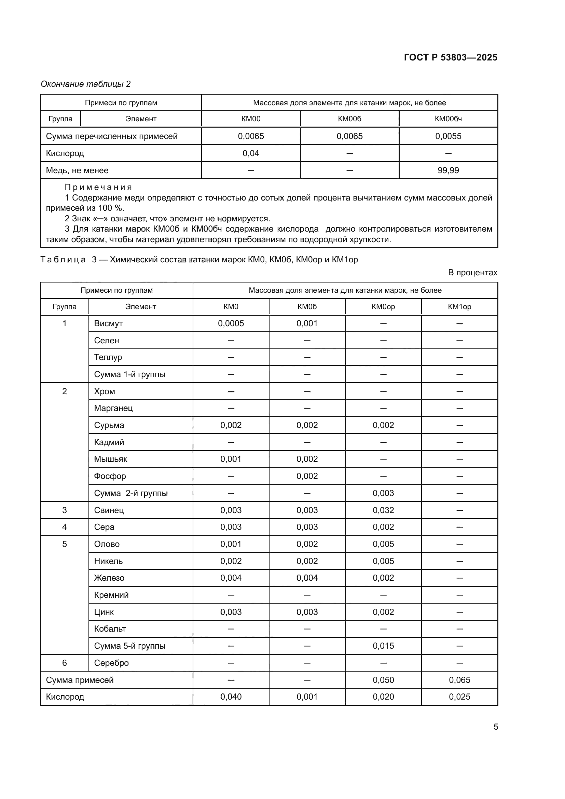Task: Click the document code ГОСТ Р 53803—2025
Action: click(x=451, y=57)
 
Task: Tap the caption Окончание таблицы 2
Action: click(x=86, y=84)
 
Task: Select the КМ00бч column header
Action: click(x=448, y=119)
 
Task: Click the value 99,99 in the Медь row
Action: click(x=448, y=170)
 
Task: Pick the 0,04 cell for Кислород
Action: click(x=250, y=153)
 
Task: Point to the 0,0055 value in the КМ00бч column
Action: click(x=448, y=136)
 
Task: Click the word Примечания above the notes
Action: click(x=98, y=188)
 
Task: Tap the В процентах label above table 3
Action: click(x=472, y=273)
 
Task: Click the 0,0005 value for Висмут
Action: click(x=231, y=323)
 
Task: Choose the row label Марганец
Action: click(x=113, y=408)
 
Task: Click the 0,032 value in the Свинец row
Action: click(x=383, y=510)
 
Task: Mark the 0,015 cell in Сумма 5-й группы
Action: click(x=383, y=646)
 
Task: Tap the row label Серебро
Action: click(x=111, y=663)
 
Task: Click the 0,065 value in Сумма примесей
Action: click(x=459, y=680)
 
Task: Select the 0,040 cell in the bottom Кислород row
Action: click(x=231, y=697)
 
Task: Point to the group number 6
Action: click(x=64, y=663)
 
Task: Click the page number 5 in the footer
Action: click(x=495, y=727)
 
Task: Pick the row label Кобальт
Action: click(x=110, y=629)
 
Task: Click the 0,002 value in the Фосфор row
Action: click(x=307, y=477)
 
